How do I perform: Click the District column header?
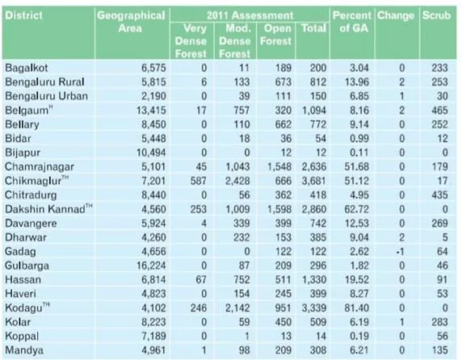tap(24, 15)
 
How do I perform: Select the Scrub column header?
tap(436, 15)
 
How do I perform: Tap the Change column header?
tap(396, 15)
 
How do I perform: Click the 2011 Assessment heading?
tap(250, 15)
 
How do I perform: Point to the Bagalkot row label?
tap(26, 68)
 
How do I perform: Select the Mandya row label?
tap(24, 350)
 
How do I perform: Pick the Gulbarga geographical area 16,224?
tap(151, 266)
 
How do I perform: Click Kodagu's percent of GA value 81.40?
tap(356, 308)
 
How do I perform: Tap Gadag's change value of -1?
tap(400, 251)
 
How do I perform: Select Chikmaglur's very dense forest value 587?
tap(199, 181)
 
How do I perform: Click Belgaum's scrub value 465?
tap(439, 110)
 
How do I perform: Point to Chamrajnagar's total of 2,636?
tap(314, 166)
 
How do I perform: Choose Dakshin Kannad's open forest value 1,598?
tap(279, 209)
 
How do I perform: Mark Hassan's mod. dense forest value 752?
tap(241, 279)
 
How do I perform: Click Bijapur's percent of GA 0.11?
tap(359, 153)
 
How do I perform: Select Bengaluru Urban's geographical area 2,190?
tap(153, 96)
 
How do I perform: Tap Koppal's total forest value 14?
tap(321, 336)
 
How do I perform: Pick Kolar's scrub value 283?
tap(439, 322)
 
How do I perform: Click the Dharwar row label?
tap(26, 237)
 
